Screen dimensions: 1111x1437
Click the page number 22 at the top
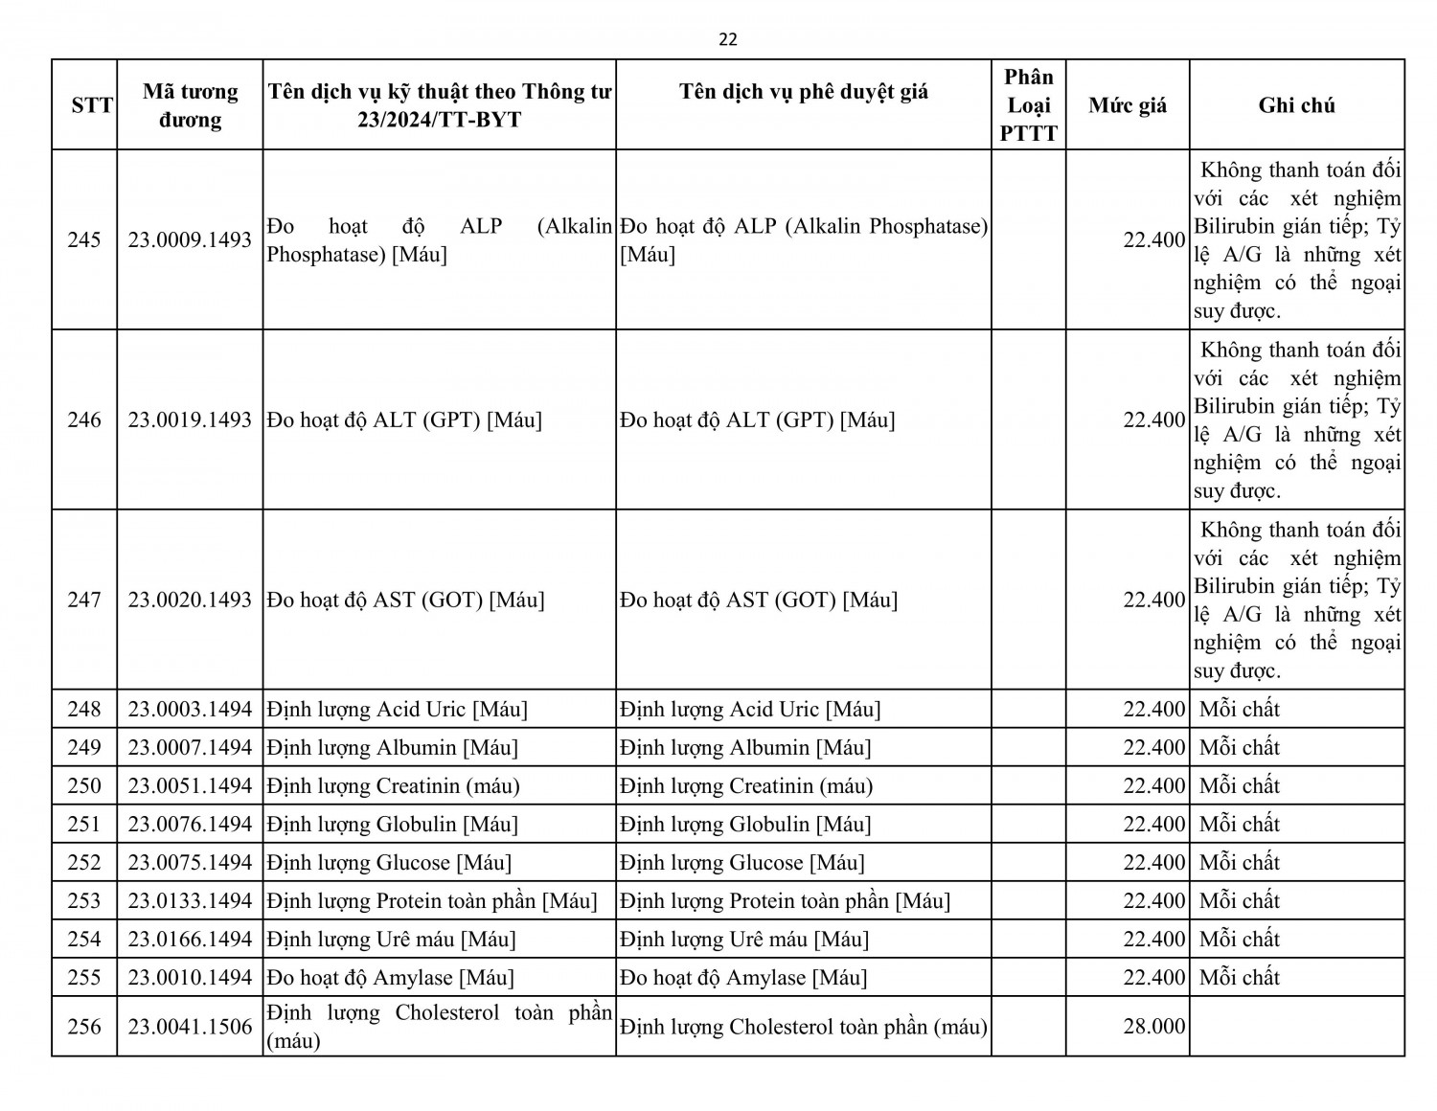(x=728, y=39)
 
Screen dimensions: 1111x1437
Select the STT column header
(x=92, y=105)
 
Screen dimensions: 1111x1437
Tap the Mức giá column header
(x=1128, y=105)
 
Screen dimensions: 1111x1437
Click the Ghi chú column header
(x=1296, y=105)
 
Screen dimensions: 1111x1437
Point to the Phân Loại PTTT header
(x=1029, y=105)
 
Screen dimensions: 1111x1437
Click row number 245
(x=84, y=239)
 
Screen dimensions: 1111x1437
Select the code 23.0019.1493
(x=190, y=419)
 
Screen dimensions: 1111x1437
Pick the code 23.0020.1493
(x=190, y=600)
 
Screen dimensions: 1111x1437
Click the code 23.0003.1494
(x=190, y=709)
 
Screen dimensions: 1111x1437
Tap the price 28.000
(x=1154, y=1027)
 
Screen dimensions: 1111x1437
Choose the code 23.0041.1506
(x=190, y=1027)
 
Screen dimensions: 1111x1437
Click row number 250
(x=84, y=785)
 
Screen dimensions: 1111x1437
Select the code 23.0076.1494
(x=190, y=824)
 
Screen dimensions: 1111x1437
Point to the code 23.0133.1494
(x=190, y=900)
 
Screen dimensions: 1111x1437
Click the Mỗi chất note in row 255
(x=1240, y=977)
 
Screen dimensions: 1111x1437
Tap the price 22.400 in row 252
(x=1154, y=862)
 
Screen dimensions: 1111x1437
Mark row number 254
(x=84, y=939)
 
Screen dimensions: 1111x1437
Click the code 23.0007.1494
(x=190, y=747)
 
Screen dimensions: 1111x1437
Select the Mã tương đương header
(x=190, y=105)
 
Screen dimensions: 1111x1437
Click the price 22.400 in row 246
(x=1154, y=419)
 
